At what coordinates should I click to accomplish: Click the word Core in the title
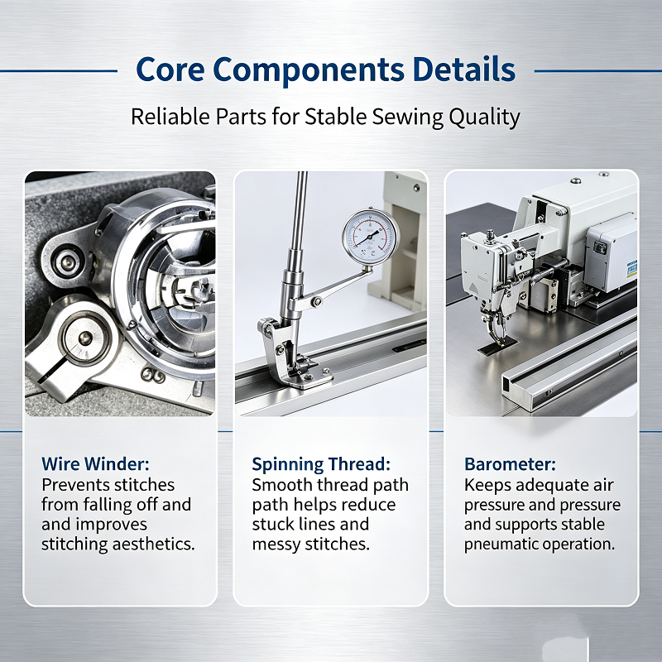[170, 70]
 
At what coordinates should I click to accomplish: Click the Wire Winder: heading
[95, 464]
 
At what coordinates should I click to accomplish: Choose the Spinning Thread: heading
[321, 464]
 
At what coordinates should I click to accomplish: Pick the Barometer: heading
[510, 464]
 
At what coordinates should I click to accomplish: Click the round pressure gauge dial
[371, 237]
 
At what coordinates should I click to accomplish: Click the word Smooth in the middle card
[282, 485]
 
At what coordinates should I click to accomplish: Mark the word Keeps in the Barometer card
[487, 485]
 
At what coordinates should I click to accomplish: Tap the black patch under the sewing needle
[498, 346]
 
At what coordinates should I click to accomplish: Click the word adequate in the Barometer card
[552, 486]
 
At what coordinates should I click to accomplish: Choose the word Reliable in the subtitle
[170, 117]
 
